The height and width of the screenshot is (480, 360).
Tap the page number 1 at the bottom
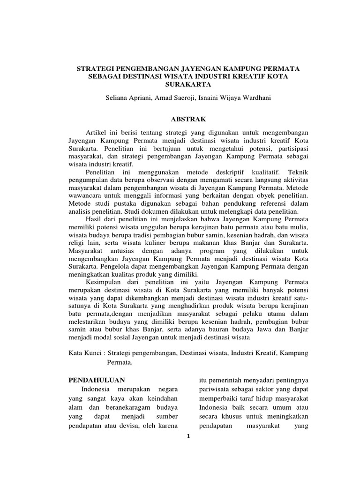click(x=188, y=435)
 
